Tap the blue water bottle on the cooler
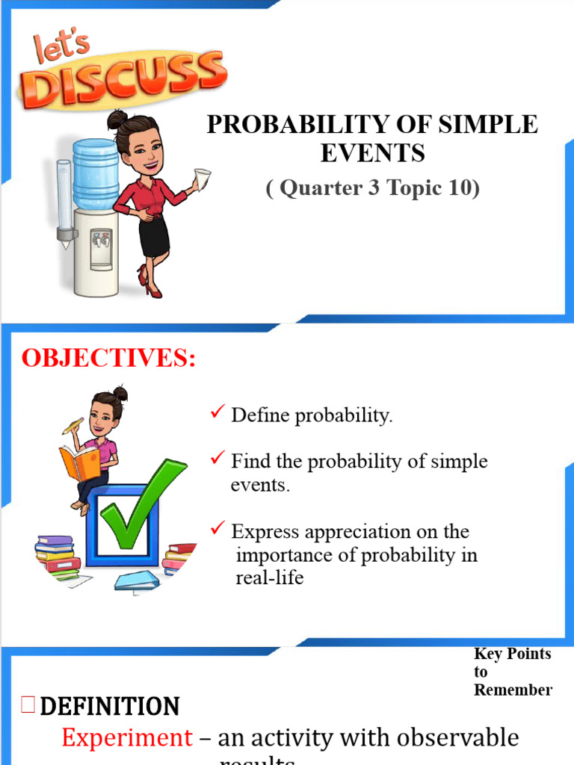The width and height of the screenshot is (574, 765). tap(95, 173)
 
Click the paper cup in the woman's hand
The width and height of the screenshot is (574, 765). tap(202, 179)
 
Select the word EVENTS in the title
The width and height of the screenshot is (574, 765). tap(372, 153)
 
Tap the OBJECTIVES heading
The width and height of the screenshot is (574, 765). tap(108, 359)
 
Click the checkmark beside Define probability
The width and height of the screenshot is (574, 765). tap(218, 413)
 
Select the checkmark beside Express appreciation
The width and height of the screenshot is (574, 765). tap(218, 530)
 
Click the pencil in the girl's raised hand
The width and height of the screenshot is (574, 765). tap(73, 427)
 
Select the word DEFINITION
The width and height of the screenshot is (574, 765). tap(109, 706)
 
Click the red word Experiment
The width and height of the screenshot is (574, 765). tap(126, 738)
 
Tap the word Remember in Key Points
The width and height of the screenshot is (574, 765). tap(513, 690)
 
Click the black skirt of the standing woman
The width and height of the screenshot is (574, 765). tap(154, 236)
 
